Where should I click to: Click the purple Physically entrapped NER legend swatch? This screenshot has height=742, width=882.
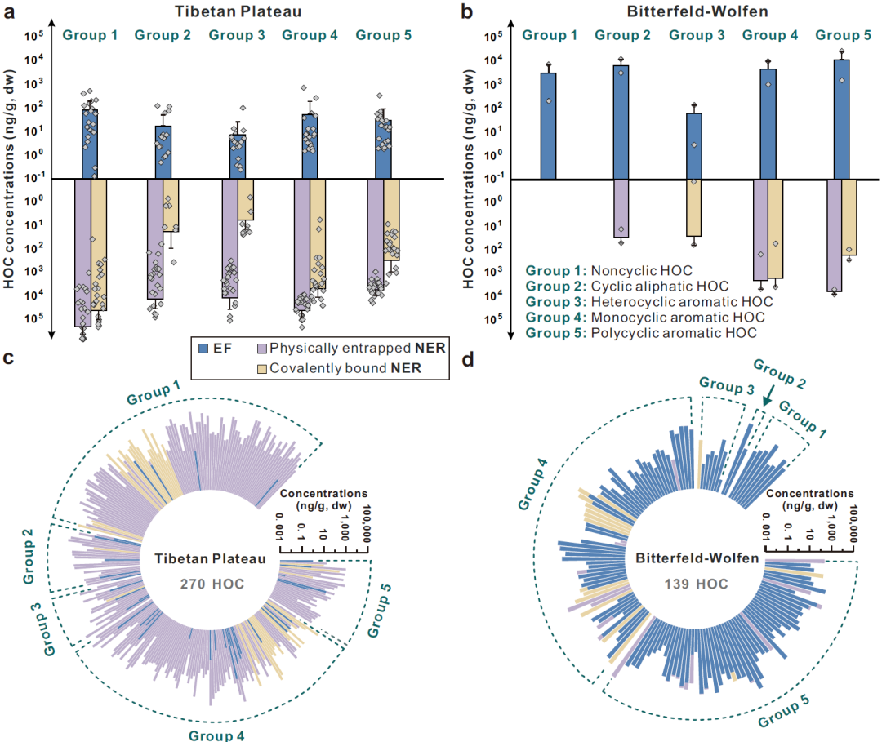263,348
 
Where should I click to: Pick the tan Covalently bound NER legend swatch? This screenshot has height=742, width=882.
263,369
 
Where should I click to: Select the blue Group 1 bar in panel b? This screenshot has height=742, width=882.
548,126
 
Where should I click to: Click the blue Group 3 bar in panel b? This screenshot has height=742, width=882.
694,145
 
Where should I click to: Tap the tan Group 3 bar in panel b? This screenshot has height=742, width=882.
694,208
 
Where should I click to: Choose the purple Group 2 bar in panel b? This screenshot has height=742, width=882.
621,208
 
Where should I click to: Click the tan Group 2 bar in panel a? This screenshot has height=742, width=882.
170,205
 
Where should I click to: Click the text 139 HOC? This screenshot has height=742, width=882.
698,584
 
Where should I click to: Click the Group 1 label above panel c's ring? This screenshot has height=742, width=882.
154,395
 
